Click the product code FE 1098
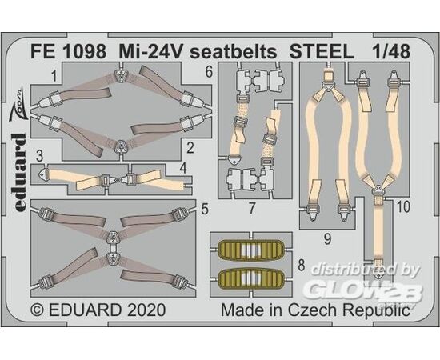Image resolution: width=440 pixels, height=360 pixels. tap(68, 52)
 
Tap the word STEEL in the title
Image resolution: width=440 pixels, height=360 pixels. tap(322, 52)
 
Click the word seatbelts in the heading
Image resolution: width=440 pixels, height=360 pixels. tap(233, 52)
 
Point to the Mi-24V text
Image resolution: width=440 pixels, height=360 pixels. tap(151, 52)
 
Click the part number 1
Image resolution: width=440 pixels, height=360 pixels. tap(54, 76)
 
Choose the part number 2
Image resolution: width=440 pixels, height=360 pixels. tap(190, 148)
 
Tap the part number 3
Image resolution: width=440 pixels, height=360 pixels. tap(40, 156)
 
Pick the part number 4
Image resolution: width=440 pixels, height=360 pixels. tap(183, 168)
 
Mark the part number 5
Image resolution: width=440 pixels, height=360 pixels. tap(205, 209)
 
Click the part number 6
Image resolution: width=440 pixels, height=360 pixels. tap(209, 72)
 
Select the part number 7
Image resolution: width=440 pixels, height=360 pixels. tap(252, 208)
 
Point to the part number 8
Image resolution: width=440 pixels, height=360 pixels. tap(302, 265)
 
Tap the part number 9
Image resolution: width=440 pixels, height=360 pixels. tap(327, 239)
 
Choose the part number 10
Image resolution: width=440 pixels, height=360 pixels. tap(403, 207)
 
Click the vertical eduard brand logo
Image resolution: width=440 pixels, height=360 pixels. tap(20, 172)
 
